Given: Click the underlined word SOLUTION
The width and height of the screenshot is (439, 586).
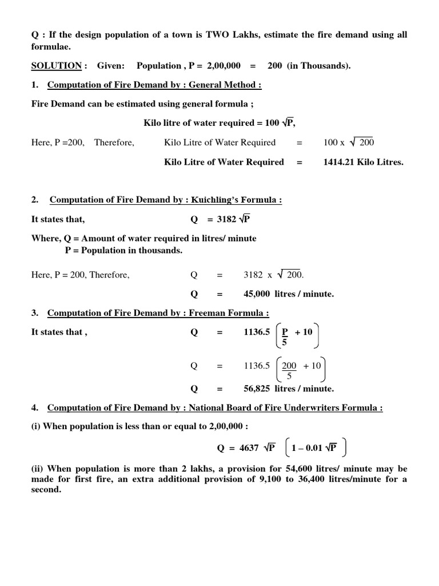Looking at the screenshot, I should [56, 66].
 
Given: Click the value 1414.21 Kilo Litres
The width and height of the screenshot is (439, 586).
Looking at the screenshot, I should [363, 162].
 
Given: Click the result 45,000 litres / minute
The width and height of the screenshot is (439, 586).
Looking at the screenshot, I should [288, 294].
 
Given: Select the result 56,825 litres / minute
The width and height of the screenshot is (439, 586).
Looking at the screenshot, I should [288, 389].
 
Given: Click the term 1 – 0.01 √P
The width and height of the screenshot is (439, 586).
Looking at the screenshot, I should [314, 448].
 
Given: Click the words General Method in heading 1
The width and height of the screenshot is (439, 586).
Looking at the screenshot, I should [226, 85].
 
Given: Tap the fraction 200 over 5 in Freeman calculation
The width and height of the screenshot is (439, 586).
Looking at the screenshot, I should [289, 370].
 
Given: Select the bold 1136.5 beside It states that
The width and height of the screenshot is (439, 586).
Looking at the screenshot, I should [257, 332].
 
